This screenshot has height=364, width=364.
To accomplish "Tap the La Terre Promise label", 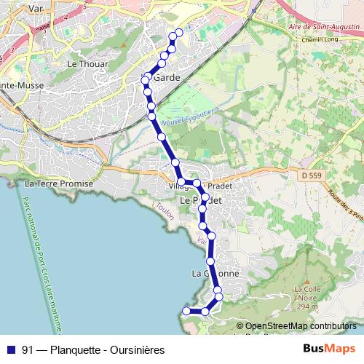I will [60, 184].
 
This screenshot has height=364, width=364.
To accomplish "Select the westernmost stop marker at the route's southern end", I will [186, 311].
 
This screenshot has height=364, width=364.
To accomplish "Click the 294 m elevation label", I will [309, 307].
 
